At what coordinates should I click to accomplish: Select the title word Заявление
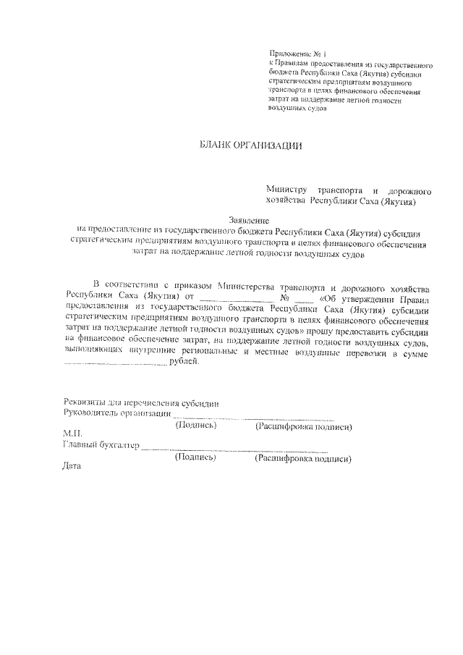pyautogui.click(x=249, y=219)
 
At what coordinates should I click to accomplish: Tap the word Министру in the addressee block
pyautogui.click(x=287, y=190)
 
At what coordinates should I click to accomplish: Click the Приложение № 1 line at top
pyautogui.click(x=298, y=54)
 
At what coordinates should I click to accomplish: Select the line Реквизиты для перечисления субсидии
pyautogui.click(x=141, y=403)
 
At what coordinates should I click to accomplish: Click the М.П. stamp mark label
pyautogui.click(x=74, y=434)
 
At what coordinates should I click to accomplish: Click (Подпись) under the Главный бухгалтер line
pyautogui.click(x=196, y=457)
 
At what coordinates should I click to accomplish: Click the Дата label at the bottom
pyautogui.click(x=73, y=466)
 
